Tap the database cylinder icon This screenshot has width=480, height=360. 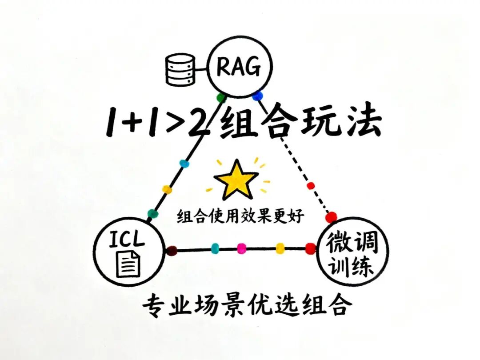180,69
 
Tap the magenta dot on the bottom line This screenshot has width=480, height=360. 241,248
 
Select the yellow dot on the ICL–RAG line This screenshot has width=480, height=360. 167,189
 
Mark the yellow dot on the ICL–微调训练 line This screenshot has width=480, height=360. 280,248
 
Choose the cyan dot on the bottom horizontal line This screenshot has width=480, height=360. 215,248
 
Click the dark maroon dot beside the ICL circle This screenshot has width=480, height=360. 172,251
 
